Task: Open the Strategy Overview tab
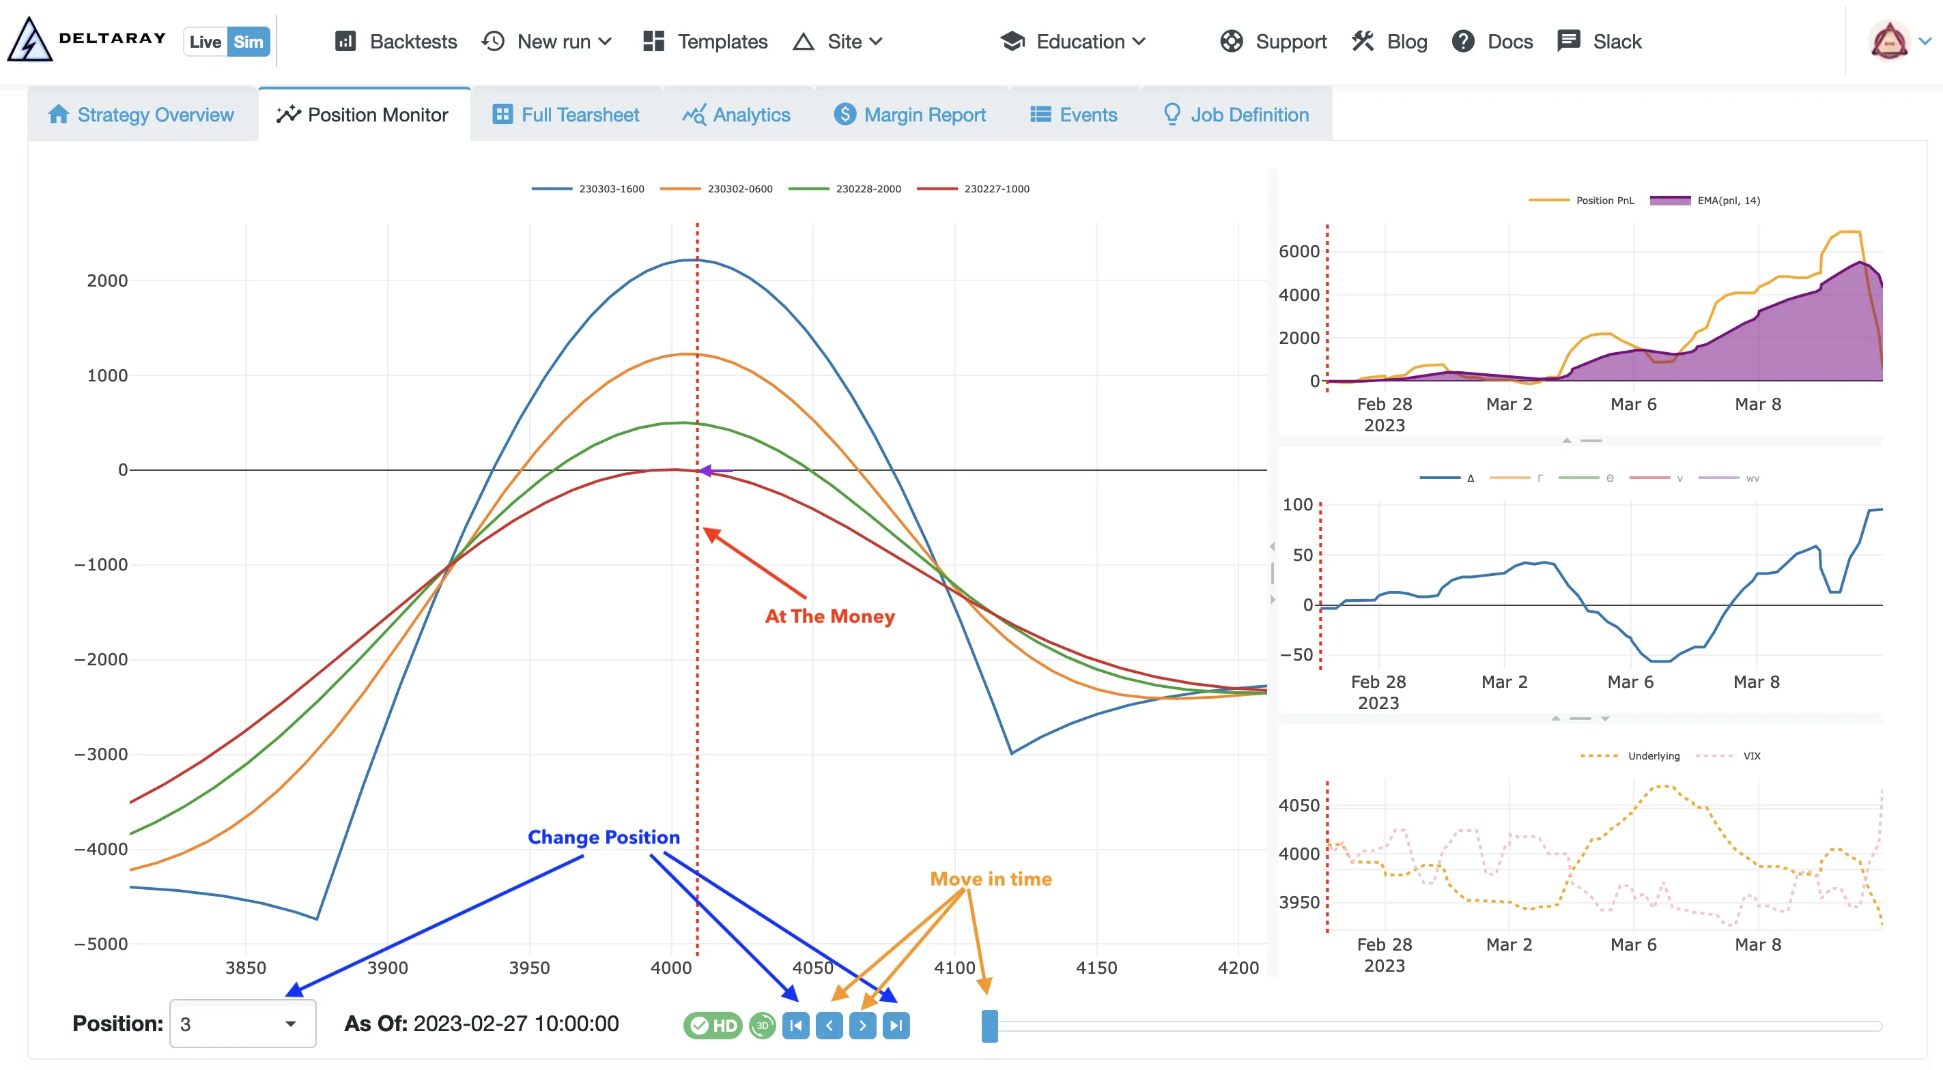(141, 115)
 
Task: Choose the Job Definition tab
(1236, 115)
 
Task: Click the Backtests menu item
(397, 42)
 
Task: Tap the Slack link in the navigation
(1600, 42)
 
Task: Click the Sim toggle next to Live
(248, 42)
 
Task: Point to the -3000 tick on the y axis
(101, 754)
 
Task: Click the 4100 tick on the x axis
(954, 968)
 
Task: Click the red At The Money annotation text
(829, 616)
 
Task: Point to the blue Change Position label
(604, 837)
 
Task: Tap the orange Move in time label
(991, 879)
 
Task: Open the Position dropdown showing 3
(242, 1024)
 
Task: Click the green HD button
(713, 1026)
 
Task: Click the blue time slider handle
(990, 1026)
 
